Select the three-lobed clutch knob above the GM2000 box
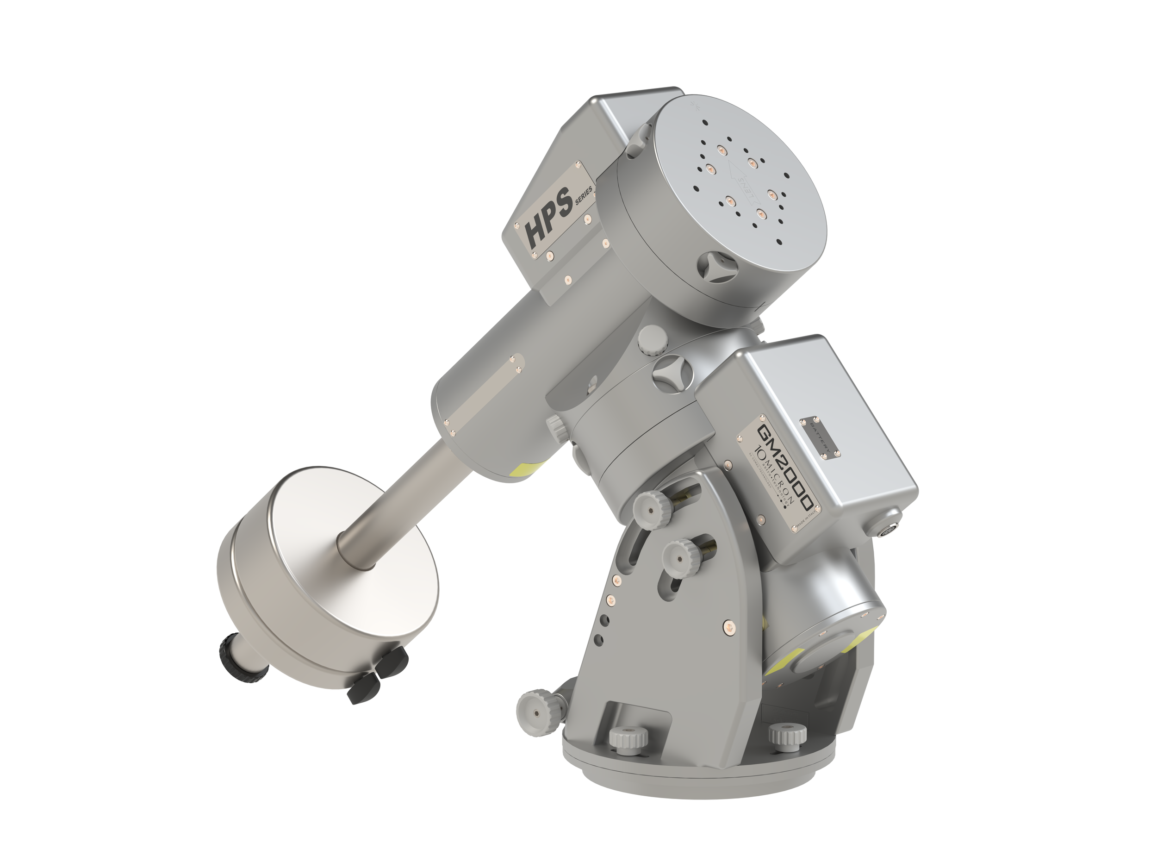pyautogui.click(x=673, y=373)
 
